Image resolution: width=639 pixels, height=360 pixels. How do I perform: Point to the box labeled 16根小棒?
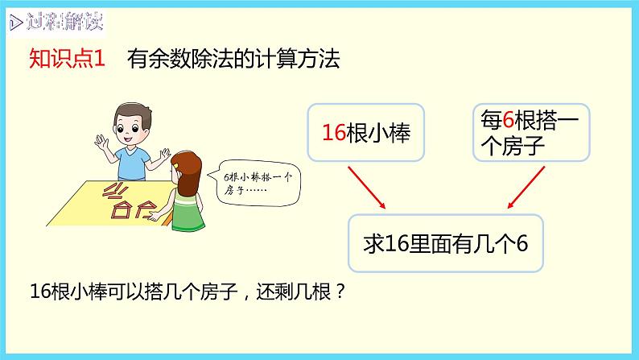(365, 132)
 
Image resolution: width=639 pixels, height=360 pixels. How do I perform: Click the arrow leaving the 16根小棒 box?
(367, 186)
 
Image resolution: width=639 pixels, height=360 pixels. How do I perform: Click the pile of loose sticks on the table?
(117, 194)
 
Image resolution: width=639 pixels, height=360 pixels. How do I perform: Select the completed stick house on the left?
(122, 211)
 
